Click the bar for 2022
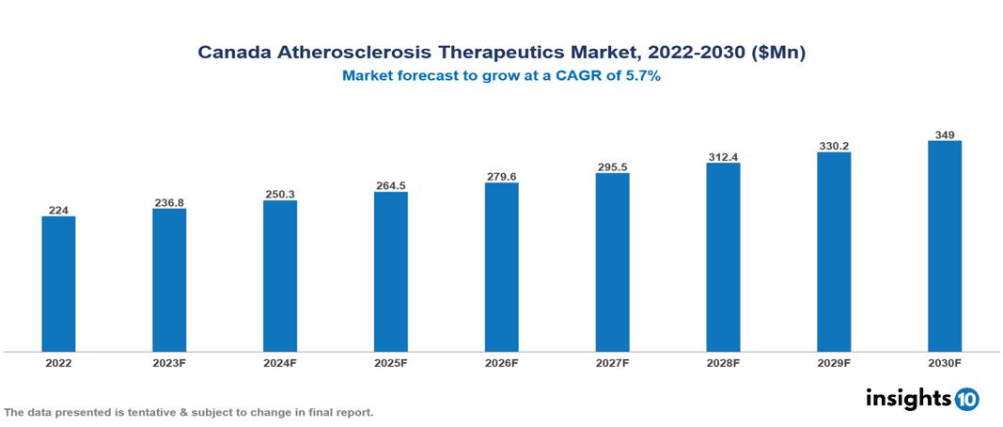pyautogui.click(x=58, y=284)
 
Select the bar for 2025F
pyautogui.click(x=391, y=272)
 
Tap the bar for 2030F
pyautogui.click(x=945, y=246)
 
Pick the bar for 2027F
pyautogui.click(x=612, y=262)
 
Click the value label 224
pyautogui.click(x=58, y=210)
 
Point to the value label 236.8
pyautogui.click(x=169, y=202)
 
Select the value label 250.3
pyautogui.click(x=280, y=194)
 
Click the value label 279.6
pyautogui.click(x=502, y=176)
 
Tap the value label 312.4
pyautogui.click(x=723, y=156)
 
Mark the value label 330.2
pyautogui.click(x=834, y=146)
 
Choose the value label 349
pyautogui.click(x=945, y=134)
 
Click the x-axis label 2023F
pyautogui.click(x=169, y=362)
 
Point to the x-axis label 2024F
pyautogui.click(x=280, y=362)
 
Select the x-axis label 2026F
pyautogui.click(x=502, y=362)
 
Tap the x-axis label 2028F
pyautogui.click(x=723, y=362)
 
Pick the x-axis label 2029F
pyautogui.click(x=834, y=362)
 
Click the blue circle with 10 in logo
pyautogui.click(x=966, y=399)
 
